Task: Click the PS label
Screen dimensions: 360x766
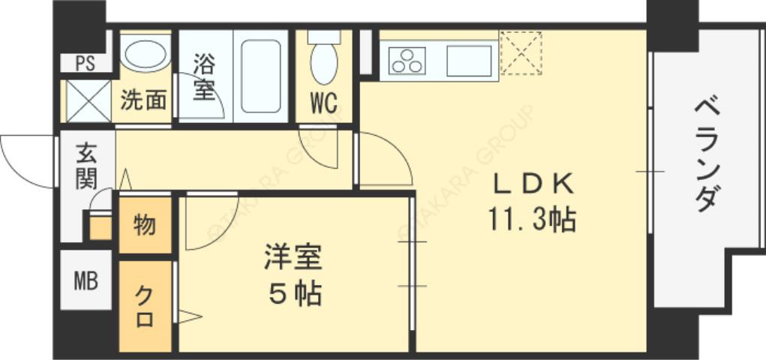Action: click(85, 63)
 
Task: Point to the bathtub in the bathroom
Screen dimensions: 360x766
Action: click(260, 75)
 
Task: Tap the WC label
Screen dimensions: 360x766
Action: click(323, 103)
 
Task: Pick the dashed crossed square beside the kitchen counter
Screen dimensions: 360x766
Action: click(521, 52)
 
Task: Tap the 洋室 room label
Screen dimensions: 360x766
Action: click(293, 257)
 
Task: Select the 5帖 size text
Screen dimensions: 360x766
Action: click(295, 294)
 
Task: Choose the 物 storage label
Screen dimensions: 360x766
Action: click(144, 224)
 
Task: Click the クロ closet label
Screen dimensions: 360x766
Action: click(144, 306)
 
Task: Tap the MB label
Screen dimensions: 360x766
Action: click(85, 282)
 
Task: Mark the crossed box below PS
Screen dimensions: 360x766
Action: click(87, 100)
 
